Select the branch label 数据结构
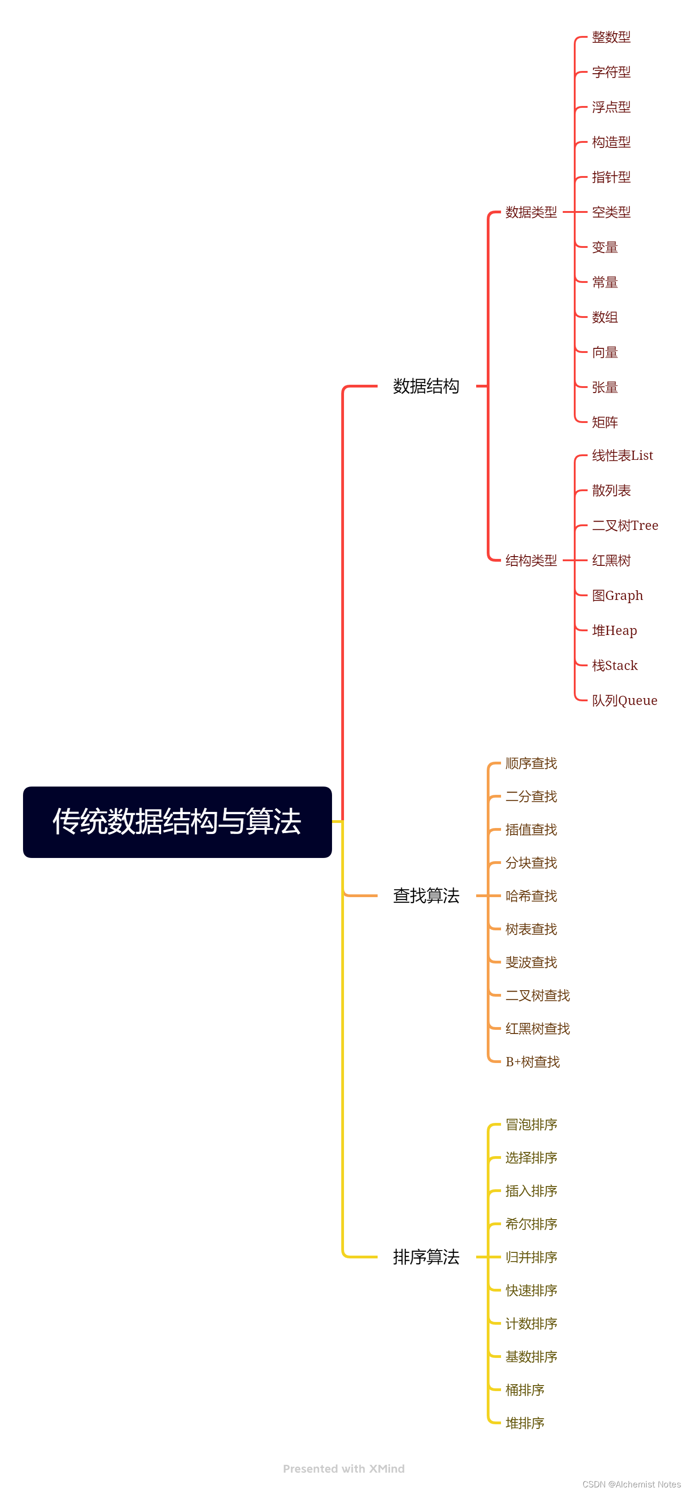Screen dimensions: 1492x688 click(426, 386)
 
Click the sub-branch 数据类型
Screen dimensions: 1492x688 click(531, 212)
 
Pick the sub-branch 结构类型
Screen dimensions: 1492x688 click(531, 560)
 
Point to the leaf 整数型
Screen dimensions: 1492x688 click(611, 37)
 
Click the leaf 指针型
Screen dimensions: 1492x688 click(611, 177)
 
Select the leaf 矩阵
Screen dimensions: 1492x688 click(605, 422)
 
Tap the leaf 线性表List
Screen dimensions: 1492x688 click(622, 456)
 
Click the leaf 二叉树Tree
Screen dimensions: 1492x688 click(625, 525)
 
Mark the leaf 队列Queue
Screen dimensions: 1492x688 click(624, 700)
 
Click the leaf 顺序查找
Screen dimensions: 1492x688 click(531, 764)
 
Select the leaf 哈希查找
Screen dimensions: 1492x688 click(531, 896)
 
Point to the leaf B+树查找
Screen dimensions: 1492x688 click(532, 1062)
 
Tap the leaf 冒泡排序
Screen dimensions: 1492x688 click(531, 1124)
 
